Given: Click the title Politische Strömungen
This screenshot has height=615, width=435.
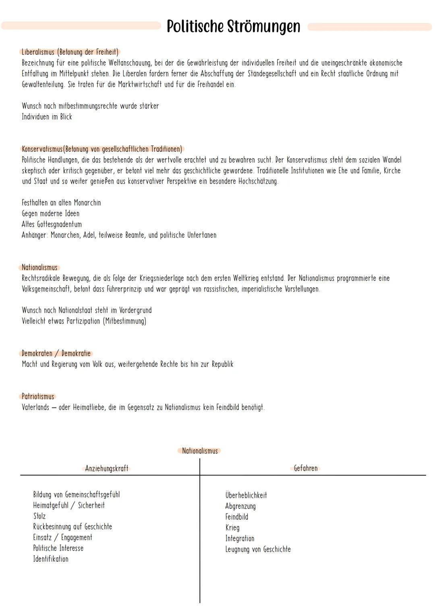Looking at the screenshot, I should [x=233, y=27].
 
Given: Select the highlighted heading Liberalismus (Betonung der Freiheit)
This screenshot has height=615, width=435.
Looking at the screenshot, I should [x=70, y=52].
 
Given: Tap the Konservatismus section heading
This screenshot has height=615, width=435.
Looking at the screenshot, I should [x=101, y=149].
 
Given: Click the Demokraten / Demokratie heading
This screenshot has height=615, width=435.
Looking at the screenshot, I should [x=56, y=353].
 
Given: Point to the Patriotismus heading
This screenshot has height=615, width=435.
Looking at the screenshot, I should [x=38, y=396].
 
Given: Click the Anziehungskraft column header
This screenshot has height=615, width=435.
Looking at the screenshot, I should [x=107, y=468].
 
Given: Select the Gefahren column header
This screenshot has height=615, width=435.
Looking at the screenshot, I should [x=306, y=468].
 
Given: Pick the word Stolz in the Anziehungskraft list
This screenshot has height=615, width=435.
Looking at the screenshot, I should [x=39, y=516].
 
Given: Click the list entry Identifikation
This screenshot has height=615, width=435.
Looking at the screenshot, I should [x=51, y=559].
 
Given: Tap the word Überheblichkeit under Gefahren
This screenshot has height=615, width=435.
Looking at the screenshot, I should [x=246, y=495].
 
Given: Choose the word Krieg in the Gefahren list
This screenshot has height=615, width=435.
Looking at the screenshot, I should [x=232, y=528].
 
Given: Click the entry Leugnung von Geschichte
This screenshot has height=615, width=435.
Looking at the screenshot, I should [x=258, y=549].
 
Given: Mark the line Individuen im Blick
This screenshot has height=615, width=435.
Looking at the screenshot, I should [x=47, y=117].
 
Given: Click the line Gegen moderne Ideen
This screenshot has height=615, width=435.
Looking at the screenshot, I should [x=51, y=213].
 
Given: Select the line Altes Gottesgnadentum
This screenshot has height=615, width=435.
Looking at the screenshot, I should [x=52, y=224].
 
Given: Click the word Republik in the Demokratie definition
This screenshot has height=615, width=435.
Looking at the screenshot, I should [x=222, y=364].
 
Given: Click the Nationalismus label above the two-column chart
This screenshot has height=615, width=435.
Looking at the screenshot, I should [x=200, y=451].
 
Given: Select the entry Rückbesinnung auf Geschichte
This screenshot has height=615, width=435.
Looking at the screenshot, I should [x=72, y=527].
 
